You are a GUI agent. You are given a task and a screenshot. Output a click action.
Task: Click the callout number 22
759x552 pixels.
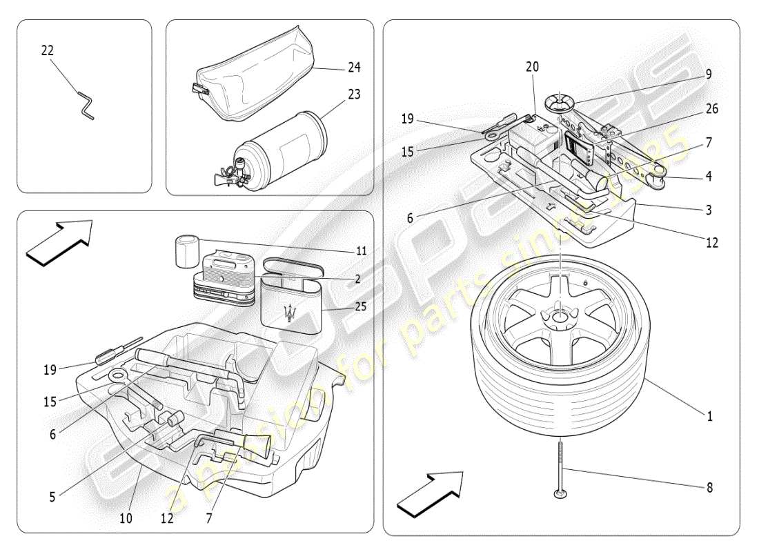(47, 51)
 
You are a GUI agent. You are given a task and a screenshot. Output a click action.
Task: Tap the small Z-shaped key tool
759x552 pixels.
(84, 105)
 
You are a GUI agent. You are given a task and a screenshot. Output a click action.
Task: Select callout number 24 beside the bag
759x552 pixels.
(354, 68)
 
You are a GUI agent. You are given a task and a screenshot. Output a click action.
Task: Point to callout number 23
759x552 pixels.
(354, 94)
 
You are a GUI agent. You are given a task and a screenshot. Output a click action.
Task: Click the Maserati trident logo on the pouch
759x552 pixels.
(293, 312)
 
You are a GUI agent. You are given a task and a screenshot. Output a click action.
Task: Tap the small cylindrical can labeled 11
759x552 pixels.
(186, 251)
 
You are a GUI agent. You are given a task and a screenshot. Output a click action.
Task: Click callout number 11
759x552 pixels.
(361, 251)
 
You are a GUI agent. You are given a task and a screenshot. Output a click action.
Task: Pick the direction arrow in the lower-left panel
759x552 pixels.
(58, 241)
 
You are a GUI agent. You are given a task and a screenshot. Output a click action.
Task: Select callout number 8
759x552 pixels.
(709, 487)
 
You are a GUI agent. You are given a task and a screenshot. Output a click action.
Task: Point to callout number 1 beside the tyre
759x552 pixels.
(709, 417)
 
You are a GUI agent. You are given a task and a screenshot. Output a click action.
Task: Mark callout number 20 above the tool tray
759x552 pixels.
(532, 67)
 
